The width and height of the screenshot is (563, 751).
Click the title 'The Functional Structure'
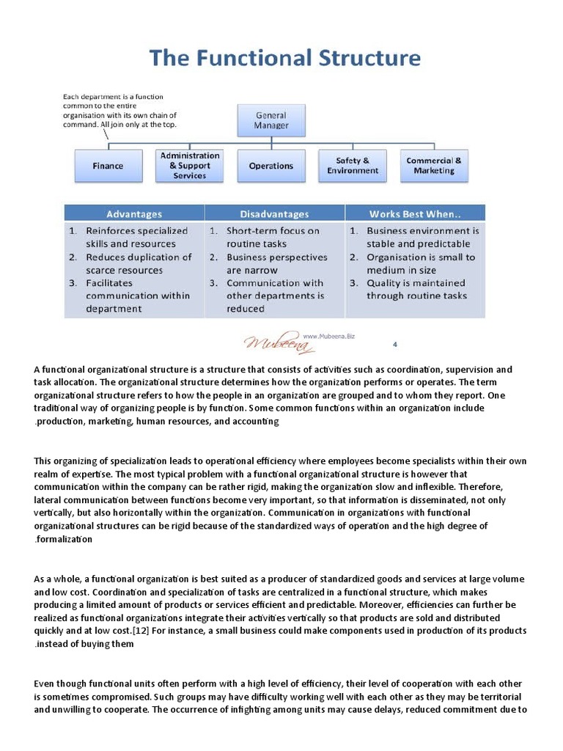point(285,58)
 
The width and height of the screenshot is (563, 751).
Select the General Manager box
point(271,120)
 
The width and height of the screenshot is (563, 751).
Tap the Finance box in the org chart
point(108,166)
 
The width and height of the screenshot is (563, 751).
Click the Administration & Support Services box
point(190,166)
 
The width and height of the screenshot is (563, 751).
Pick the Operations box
point(271,166)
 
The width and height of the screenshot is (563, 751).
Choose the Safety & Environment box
point(353,166)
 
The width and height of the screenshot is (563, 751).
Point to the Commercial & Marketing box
point(434,166)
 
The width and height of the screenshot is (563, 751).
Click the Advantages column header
point(134,214)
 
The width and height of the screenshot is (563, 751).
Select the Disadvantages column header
point(274,214)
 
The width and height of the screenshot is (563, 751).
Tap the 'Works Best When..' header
point(415,214)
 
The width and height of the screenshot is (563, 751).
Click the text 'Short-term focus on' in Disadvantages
point(273,231)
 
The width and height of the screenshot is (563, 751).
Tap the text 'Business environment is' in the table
point(423,231)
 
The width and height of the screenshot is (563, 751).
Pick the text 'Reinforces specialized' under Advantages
point(136,231)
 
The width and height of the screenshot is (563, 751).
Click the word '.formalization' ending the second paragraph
point(63,539)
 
